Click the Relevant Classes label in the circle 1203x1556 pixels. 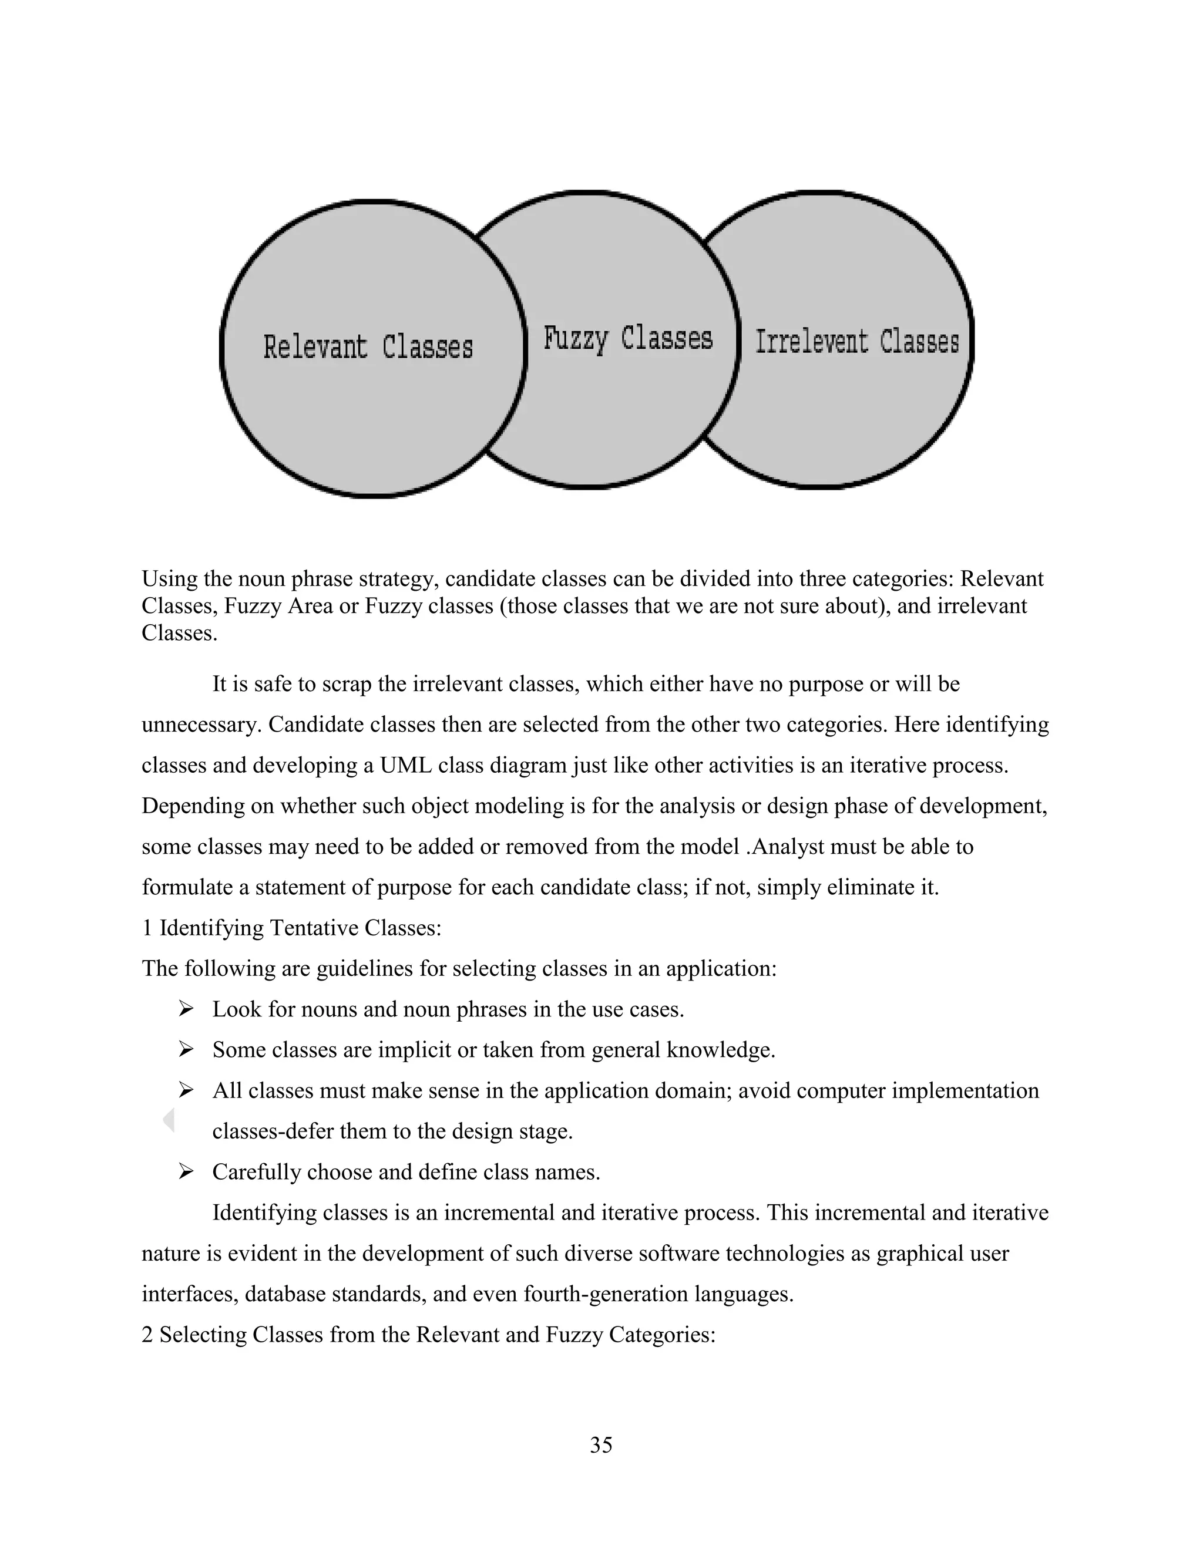368,347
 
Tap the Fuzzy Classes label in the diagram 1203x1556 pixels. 628,338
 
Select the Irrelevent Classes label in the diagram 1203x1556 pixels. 856,342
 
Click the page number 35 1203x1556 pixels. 601,1444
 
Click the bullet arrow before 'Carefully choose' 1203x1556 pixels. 186,1171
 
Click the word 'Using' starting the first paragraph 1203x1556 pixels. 169,578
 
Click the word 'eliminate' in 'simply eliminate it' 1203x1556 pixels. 863,887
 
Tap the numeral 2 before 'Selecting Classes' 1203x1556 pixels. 147,1333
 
